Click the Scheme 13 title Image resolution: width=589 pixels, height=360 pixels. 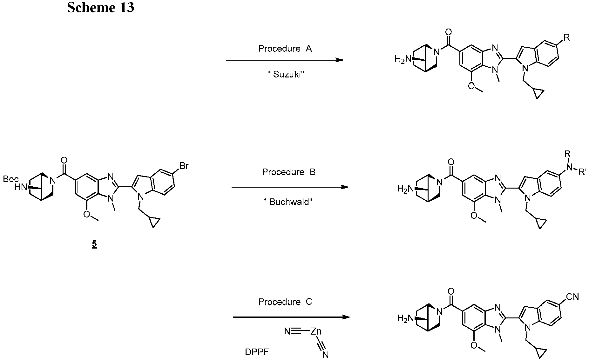click(x=100, y=7)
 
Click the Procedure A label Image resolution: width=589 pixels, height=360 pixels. click(x=285, y=49)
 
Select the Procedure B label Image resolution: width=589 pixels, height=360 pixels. click(x=288, y=172)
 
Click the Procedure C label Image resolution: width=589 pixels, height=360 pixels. click(x=285, y=302)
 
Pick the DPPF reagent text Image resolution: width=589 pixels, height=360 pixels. click(x=257, y=352)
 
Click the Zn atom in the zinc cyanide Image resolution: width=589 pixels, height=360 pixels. click(x=316, y=332)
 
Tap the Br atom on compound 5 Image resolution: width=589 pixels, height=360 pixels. click(x=184, y=166)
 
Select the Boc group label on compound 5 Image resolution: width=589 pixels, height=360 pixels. click(x=10, y=179)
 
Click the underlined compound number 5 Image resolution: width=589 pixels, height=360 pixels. click(x=94, y=244)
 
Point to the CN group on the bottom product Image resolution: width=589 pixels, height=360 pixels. click(x=572, y=297)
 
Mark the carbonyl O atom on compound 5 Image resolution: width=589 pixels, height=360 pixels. click(x=64, y=159)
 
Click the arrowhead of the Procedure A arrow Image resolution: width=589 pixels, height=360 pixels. click(x=340, y=60)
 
